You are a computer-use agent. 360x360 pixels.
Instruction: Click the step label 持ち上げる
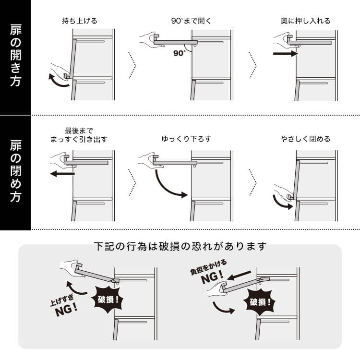(79, 21)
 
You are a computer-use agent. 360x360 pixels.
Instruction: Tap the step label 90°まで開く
(191, 21)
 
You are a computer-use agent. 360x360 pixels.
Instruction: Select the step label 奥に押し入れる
(305, 21)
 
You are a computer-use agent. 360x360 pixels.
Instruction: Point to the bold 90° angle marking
(179, 53)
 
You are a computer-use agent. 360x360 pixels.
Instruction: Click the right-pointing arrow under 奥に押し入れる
(286, 54)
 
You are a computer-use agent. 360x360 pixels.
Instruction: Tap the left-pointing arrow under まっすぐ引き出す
(62, 174)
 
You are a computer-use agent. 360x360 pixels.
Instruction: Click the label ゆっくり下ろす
(186, 139)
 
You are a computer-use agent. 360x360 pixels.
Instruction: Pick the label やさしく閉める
(305, 139)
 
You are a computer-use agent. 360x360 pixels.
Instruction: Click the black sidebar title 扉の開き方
(16, 56)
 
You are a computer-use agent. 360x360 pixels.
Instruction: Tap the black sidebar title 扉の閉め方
(16, 171)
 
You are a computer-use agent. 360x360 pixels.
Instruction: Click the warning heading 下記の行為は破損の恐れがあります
(180, 246)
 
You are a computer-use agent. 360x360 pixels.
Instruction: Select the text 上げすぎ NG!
(64, 306)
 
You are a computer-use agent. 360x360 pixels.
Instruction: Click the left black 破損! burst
(108, 300)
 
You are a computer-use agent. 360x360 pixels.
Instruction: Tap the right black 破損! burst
(260, 302)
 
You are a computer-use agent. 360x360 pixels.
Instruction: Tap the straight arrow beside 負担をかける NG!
(239, 276)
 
